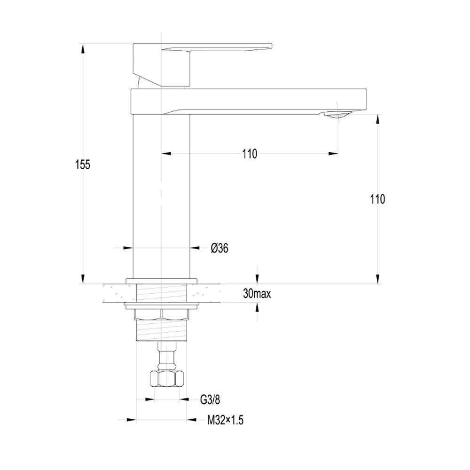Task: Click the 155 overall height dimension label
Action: click(x=82, y=164)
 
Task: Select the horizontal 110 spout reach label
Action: click(x=250, y=154)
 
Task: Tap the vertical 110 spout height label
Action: click(x=377, y=199)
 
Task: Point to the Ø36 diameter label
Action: click(x=219, y=248)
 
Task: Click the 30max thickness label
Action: click(x=257, y=294)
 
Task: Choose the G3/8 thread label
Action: click(x=210, y=399)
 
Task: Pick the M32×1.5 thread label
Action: click(x=226, y=420)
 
